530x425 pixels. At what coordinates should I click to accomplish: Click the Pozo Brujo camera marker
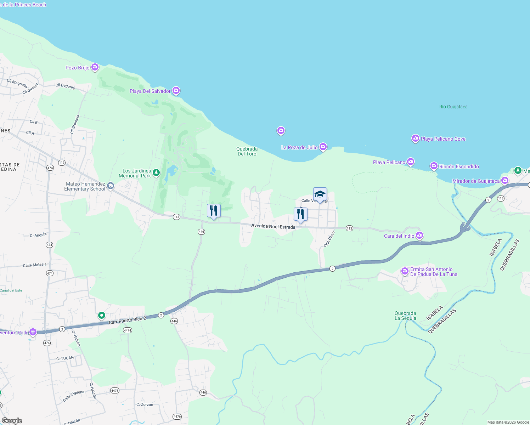tap(95, 67)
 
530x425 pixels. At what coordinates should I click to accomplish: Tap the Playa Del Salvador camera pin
tap(176, 91)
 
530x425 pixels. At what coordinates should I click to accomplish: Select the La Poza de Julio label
tap(299, 147)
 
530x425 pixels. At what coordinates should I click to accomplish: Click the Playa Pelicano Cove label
tap(443, 139)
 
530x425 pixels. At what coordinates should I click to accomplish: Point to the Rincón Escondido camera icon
tap(434, 166)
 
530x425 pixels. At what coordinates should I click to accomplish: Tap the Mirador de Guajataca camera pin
tap(505, 181)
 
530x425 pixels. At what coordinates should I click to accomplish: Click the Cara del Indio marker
tap(419, 235)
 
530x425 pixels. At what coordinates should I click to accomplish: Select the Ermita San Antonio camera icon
tap(405, 271)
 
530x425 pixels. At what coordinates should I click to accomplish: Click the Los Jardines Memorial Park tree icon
tap(156, 173)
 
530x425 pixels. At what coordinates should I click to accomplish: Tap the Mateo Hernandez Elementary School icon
tap(111, 186)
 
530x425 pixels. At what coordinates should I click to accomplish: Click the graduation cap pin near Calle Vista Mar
tap(320, 194)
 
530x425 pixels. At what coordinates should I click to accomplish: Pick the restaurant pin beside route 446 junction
tap(214, 211)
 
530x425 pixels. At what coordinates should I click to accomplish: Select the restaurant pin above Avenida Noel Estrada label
tap(300, 214)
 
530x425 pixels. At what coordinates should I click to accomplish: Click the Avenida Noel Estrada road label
tap(273, 226)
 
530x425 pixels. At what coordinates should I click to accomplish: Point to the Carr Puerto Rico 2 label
tap(128, 321)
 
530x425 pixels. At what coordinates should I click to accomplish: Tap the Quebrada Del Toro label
tap(247, 151)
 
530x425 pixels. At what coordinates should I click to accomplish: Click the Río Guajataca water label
tap(453, 107)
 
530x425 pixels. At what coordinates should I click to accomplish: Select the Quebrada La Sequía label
tap(405, 316)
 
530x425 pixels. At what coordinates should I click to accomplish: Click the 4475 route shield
tap(115, 390)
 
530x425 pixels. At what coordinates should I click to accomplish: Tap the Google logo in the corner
tap(12, 420)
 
